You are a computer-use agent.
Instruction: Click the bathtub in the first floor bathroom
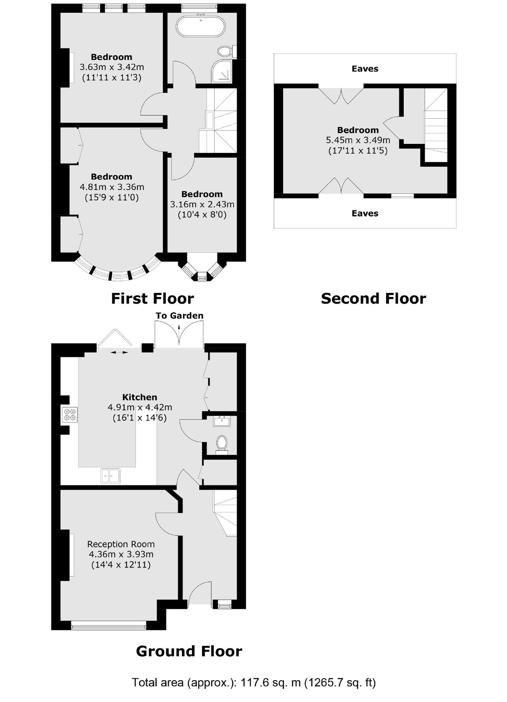click(x=200, y=26)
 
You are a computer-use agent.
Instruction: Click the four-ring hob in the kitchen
click(x=70, y=415)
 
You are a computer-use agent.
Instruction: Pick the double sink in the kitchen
click(x=110, y=475)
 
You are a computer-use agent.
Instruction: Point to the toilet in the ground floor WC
click(x=222, y=444)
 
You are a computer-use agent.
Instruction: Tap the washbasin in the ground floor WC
click(x=222, y=421)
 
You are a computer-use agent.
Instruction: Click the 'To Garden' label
click(x=179, y=316)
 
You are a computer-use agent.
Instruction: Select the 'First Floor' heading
click(x=152, y=298)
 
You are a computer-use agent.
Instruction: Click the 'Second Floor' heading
click(x=373, y=298)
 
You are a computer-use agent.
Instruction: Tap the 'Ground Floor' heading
click(x=189, y=651)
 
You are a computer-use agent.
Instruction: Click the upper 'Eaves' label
click(x=365, y=69)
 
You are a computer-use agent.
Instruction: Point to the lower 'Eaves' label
click(x=365, y=213)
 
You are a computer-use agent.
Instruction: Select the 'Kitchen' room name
click(x=140, y=397)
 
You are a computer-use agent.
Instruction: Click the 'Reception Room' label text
click(x=121, y=544)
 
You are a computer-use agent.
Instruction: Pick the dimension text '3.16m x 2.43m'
click(x=202, y=204)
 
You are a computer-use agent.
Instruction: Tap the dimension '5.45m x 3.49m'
click(x=358, y=140)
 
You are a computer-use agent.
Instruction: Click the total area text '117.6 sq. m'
click(x=271, y=682)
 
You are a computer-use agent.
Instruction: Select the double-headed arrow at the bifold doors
click(x=119, y=352)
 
